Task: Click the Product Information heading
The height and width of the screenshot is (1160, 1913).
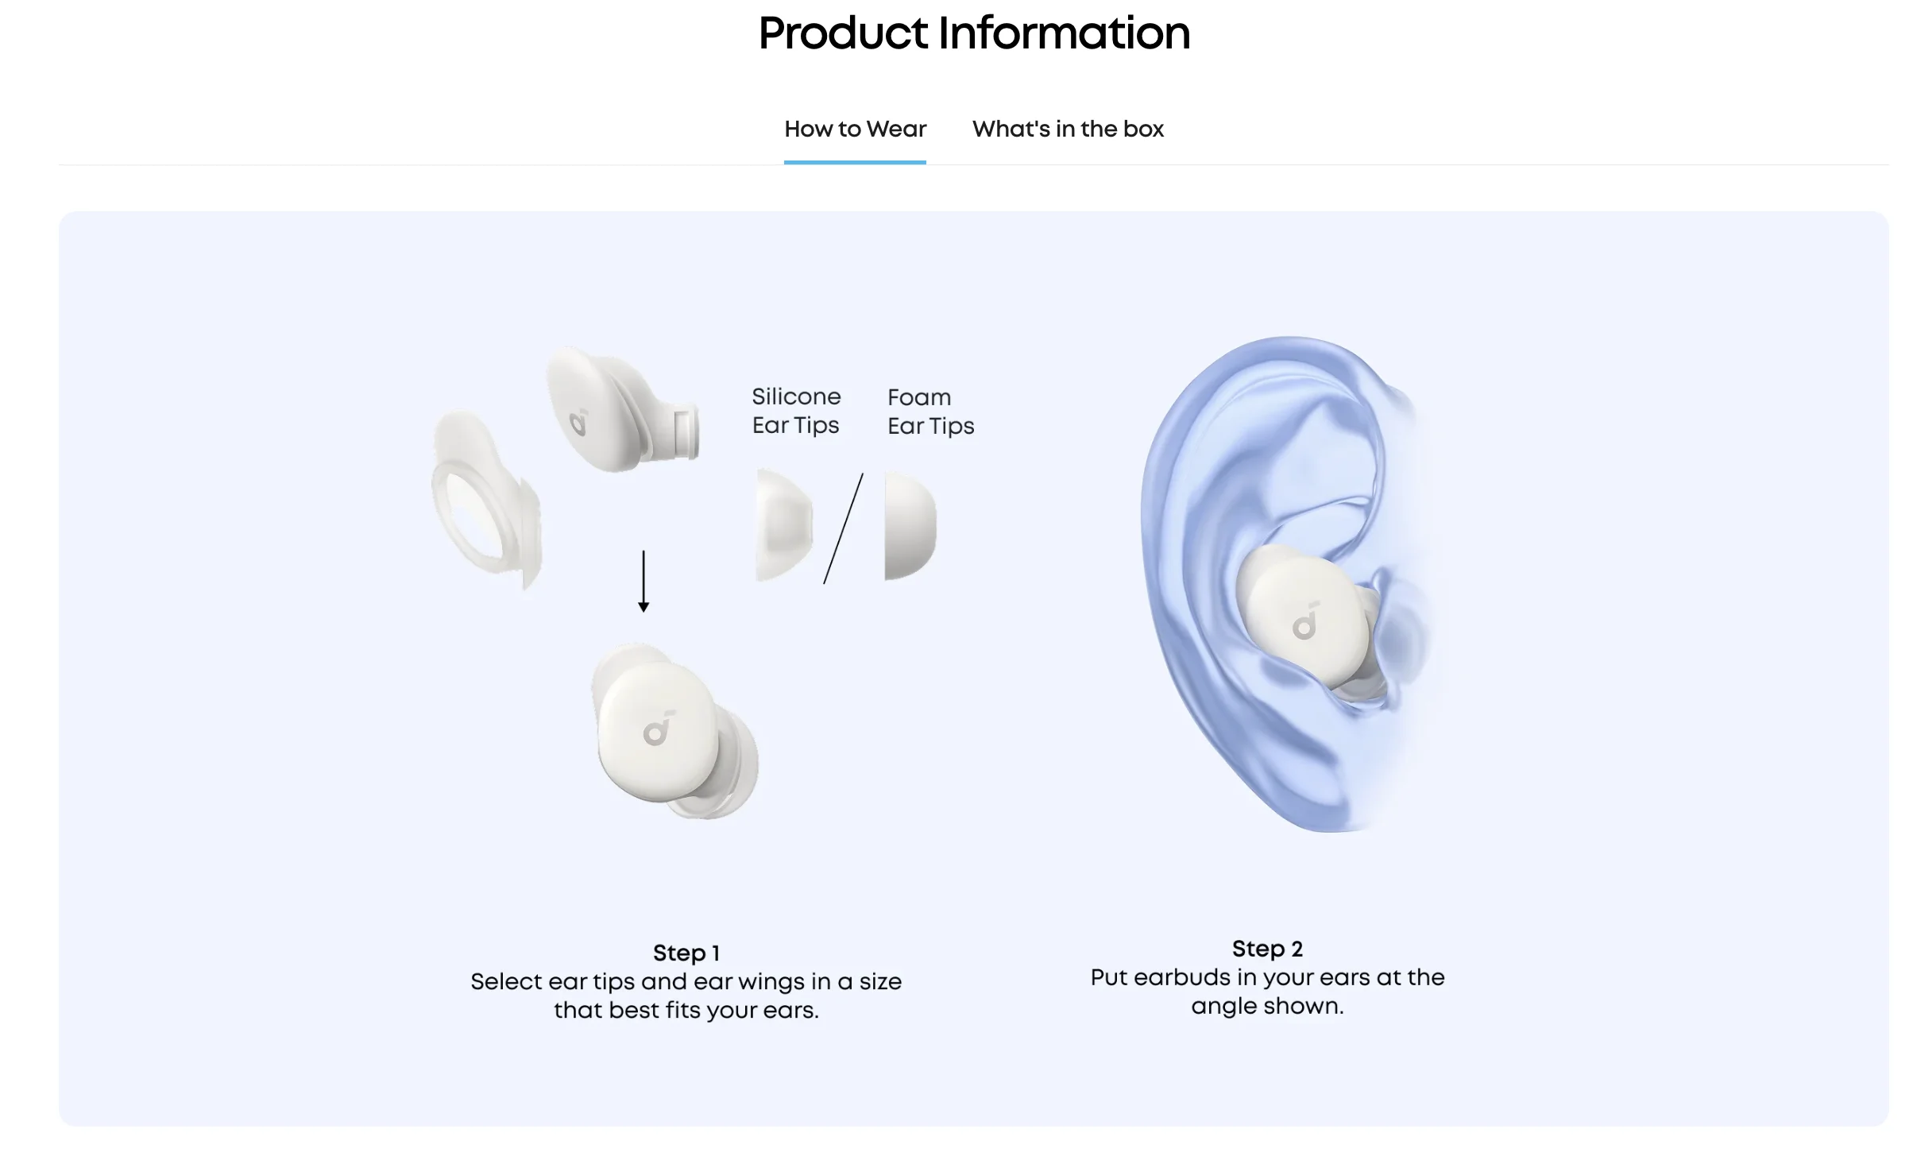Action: [x=974, y=33]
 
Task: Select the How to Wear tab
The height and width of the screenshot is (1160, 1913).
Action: [x=855, y=129]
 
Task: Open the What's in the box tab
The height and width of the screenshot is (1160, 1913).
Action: [x=1068, y=129]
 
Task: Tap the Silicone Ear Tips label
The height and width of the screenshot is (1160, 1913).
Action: [x=796, y=411]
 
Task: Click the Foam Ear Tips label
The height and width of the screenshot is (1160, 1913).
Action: [x=930, y=412]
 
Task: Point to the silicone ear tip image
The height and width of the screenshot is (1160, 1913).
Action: [x=783, y=524]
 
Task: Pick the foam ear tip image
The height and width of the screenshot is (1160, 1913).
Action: [x=910, y=526]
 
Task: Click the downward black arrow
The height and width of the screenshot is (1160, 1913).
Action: [x=643, y=581]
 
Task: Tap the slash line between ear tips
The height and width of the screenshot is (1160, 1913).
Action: [x=843, y=528]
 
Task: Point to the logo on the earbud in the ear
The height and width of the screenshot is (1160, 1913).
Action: [x=1305, y=621]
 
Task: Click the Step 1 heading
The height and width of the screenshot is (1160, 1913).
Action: [x=686, y=953]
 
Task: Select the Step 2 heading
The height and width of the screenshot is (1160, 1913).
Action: [x=1267, y=949]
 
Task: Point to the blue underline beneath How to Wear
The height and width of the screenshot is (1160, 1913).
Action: [x=855, y=162]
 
